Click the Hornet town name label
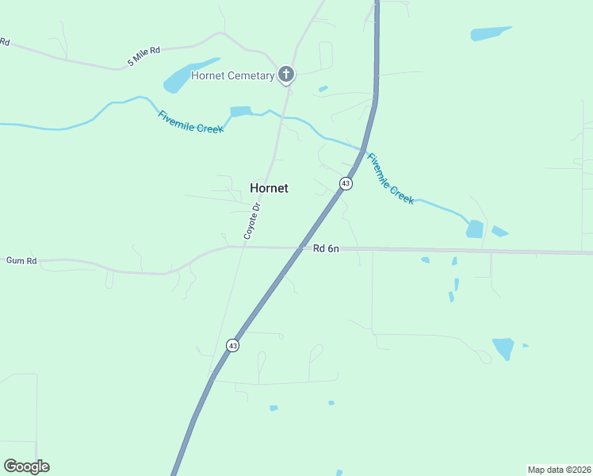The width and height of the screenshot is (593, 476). tap(269, 188)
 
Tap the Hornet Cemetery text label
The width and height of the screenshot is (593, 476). tap(232, 75)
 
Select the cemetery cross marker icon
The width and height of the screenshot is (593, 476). tap(286, 75)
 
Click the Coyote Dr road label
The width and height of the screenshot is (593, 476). tap(251, 221)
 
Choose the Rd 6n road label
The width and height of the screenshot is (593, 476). tap(326, 248)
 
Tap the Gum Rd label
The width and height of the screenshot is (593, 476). tap(21, 260)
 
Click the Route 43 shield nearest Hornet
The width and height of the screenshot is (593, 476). tap(345, 183)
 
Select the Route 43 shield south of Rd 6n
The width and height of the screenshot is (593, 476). tap(231, 345)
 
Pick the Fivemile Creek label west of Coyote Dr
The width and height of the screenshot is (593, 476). tap(190, 121)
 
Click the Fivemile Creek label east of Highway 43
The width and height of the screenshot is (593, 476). tap(390, 178)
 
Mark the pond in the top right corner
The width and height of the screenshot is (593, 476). tap(491, 33)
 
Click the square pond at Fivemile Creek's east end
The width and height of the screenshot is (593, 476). tap(474, 228)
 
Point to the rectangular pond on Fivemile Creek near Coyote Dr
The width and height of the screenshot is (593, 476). tap(240, 112)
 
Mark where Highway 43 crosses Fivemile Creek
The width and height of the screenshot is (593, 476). tap(364, 150)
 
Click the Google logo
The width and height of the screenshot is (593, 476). tap(26, 466)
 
